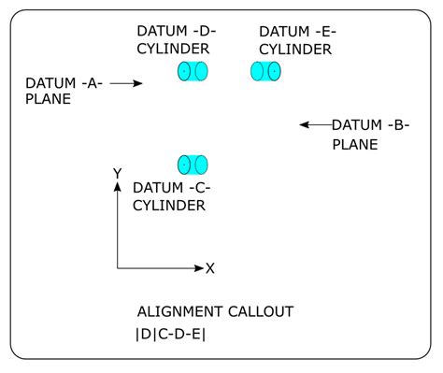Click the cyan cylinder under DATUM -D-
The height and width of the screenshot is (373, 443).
coord(193,71)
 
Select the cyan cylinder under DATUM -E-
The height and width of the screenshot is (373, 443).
coord(265,71)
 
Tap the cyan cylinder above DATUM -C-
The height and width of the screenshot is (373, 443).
coord(193,165)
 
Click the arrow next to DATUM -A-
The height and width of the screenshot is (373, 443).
coord(125,84)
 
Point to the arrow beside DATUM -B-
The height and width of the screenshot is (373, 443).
coord(315,124)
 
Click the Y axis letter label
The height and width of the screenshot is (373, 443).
coord(117,173)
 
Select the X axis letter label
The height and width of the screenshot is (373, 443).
coord(210,268)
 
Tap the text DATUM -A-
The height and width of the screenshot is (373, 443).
coord(64,83)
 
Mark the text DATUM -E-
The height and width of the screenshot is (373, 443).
coord(297,31)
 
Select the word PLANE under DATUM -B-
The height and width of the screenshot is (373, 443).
coord(355,144)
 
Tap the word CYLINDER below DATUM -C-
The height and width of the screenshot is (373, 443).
coord(169,206)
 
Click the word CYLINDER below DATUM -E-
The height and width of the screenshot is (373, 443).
coord(294,49)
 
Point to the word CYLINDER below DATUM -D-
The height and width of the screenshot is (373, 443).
coord(172,49)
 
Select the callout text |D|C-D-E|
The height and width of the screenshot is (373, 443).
coord(171,334)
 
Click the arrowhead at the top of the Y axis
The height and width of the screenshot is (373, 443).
coord(117,187)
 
